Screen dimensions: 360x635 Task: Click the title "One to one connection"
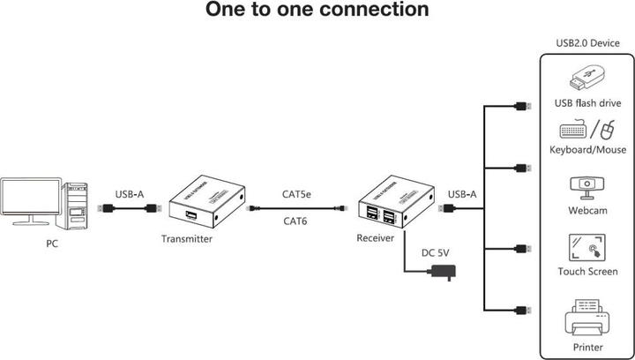coord(304,11)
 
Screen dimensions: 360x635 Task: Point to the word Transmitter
coord(187,239)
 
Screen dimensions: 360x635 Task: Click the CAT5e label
coord(297,194)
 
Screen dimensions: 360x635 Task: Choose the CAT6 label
coord(295,221)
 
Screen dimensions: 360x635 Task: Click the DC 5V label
coord(436,253)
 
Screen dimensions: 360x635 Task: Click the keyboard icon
coord(573,131)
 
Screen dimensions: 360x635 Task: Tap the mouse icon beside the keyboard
coord(608,131)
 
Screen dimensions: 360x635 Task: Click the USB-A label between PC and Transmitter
coord(131,194)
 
